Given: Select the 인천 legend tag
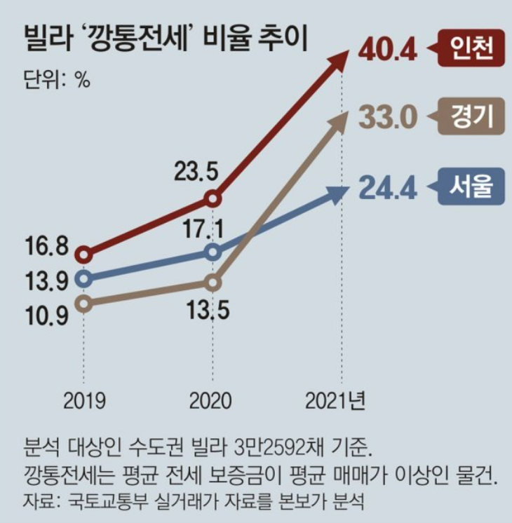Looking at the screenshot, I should (x=471, y=48).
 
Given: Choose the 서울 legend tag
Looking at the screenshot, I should (x=471, y=187).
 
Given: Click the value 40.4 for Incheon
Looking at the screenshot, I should (x=388, y=49).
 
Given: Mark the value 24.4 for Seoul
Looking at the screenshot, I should (x=388, y=188).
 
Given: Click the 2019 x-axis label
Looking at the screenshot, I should (x=84, y=400).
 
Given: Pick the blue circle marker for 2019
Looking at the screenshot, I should (x=84, y=279).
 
